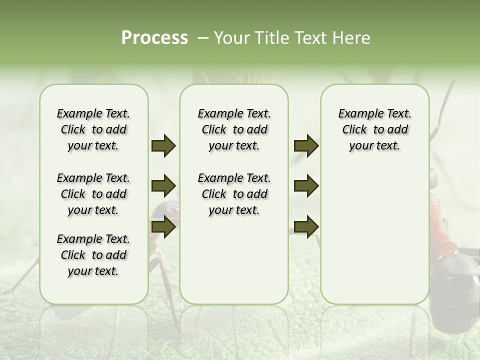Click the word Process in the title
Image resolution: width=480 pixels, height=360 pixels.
(x=154, y=38)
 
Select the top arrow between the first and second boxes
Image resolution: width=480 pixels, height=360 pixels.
(x=163, y=145)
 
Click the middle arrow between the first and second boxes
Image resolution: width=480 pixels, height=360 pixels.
(x=163, y=186)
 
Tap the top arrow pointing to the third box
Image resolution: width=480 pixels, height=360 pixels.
(x=306, y=145)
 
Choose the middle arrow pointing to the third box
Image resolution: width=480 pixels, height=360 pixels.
(x=306, y=186)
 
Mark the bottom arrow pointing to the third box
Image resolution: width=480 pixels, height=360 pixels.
(x=306, y=226)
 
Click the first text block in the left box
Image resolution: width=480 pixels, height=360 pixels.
(x=93, y=129)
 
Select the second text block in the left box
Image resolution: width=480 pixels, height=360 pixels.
(x=93, y=194)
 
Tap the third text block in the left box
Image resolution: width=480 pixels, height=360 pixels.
(x=93, y=255)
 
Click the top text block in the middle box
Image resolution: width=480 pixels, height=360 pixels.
(x=234, y=129)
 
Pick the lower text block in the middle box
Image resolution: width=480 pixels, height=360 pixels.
(x=234, y=194)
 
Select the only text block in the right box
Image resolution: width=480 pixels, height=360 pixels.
(x=374, y=129)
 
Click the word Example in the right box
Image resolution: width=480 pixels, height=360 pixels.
(x=357, y=113)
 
